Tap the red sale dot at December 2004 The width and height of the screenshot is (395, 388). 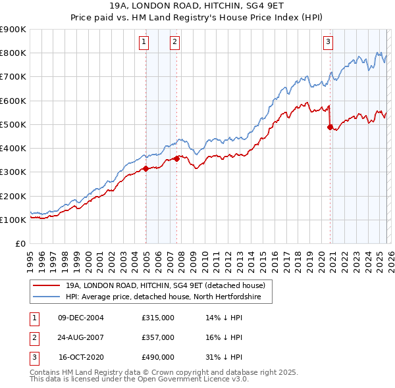pyautogui.click(x=145, y=169)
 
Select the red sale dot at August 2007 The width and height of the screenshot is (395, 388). pyautogui.click(x=177, y=158)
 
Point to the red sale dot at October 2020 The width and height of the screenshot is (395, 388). pyautogui.click(x=330, y=128)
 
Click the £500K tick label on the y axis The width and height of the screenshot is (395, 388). pyautogui.click(x=13, y=124)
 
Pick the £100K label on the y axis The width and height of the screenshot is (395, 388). pyautogui.click(x=13, y=220)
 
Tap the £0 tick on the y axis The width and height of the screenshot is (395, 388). pyautogui.click(x=19, y=243)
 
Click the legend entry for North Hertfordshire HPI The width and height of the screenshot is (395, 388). pyautogui.click(x=163, y=297)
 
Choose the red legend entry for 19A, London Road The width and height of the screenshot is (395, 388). pyautogui.click(x=165, y=286)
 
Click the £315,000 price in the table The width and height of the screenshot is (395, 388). pyautogui.click(x=158, y=318)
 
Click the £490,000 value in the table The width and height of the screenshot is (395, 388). pyautogui.click(x=158, y=357)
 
